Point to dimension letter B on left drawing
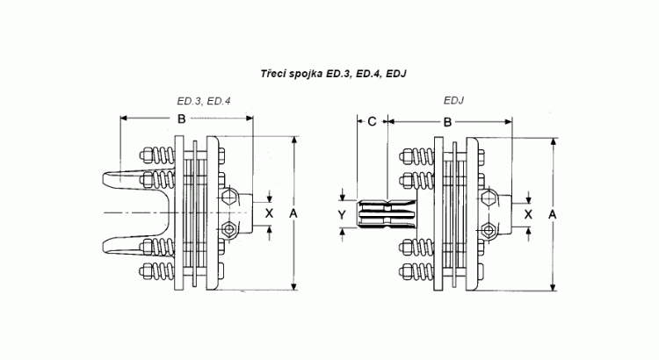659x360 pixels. coord(180,119)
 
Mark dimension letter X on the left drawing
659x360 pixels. coord(269,212)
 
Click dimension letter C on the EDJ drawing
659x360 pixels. coord(372,122)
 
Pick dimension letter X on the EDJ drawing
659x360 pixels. coord(527,212)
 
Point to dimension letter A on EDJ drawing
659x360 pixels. coord(551,212)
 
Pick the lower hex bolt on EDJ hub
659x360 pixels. coord(489,230)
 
